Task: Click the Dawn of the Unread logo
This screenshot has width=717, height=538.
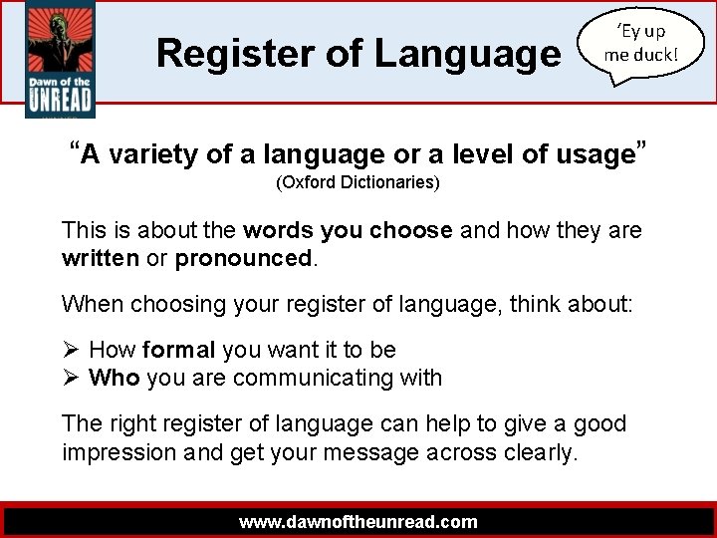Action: point(59,60)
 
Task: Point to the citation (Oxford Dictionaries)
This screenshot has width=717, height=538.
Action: point(358,183)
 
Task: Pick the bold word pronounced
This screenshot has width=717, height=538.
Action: point(244,258)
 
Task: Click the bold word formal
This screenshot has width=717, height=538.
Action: point(179,350)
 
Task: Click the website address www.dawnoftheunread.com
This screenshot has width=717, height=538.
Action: point(358,521)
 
